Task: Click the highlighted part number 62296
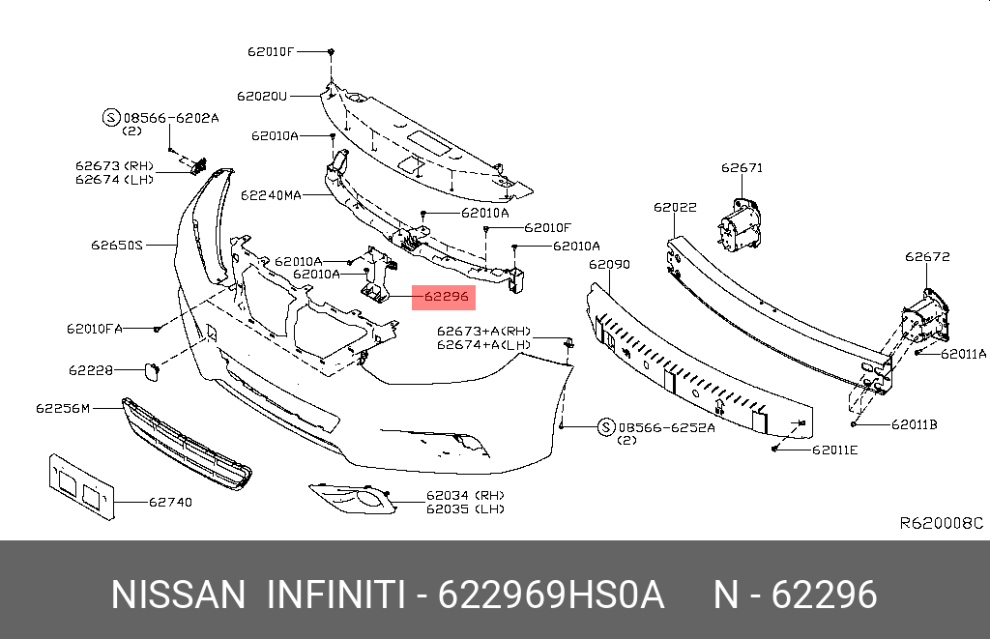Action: pos(445,297)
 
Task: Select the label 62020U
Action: pos(262,96)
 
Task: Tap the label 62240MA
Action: pos(271,194)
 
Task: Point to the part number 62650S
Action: pos(117,246)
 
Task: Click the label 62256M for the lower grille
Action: pos(63,408)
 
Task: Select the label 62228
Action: pos(91,369)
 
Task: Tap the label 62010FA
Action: pos(95,329)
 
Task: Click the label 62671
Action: pos(742,167)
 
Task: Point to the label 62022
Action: pos(674,207)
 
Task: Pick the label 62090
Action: pos(609,264)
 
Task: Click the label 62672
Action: pos(927,257)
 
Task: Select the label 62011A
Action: pos(962,354)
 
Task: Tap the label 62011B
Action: pos(915,423)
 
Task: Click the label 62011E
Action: pos(834,449)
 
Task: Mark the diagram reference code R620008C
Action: pos(941,523)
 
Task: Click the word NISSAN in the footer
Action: pos(179,595)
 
